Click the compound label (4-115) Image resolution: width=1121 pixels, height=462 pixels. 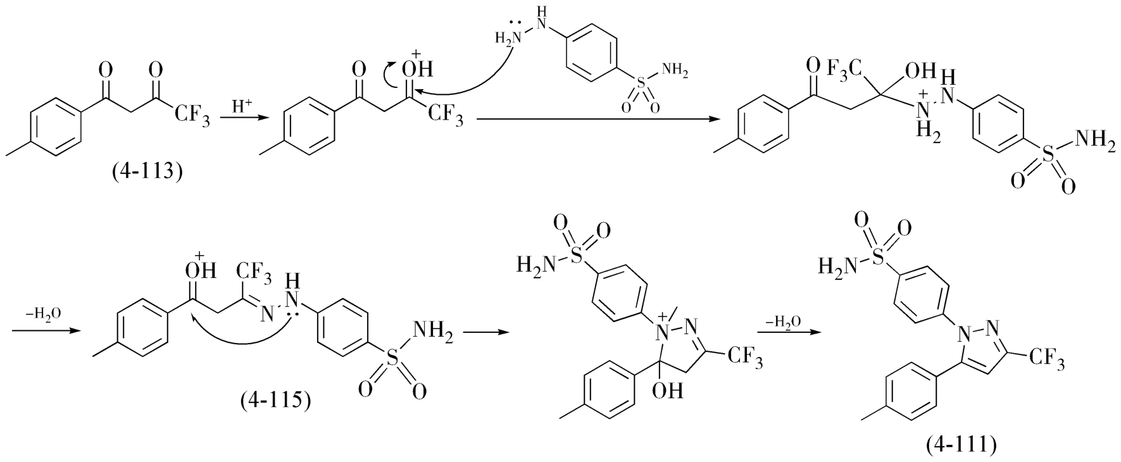click(x=275, y=401)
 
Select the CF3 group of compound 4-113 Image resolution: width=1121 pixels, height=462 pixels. click(x=192, y=116)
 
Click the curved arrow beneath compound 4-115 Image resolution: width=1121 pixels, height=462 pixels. click(x=244, y=339)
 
